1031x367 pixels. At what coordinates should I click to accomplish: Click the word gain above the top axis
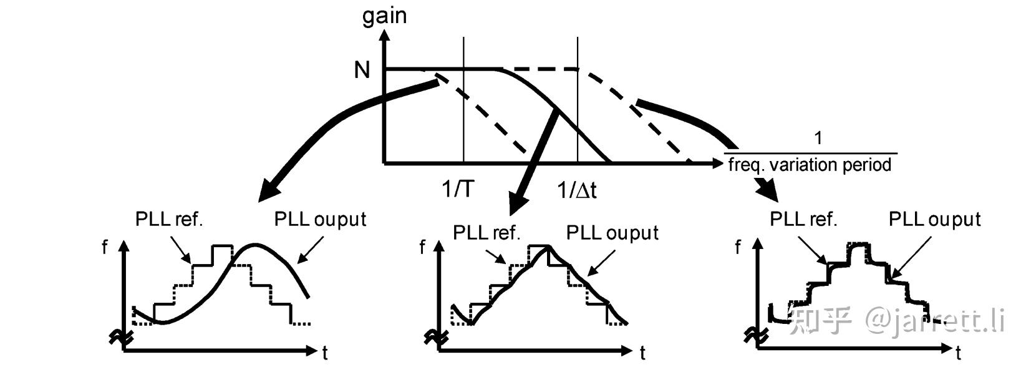(x=384, y=14)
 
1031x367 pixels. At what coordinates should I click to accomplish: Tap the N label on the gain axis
(x=362, y=70)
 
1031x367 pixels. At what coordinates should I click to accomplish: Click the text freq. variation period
(x=810, y=165)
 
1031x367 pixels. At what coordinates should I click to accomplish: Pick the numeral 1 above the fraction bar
(x=818, y=138)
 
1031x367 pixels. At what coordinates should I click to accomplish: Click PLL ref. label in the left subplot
(x=169, y=219)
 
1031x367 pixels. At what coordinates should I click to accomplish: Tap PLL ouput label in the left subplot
(x=320, y=219)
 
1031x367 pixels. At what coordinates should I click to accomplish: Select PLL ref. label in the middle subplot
(x=486, y=233)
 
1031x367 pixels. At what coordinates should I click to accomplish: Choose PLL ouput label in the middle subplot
(x=612, y=233)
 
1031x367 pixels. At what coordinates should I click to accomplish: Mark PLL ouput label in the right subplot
(x=934, y=219)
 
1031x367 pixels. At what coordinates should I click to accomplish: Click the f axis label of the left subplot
(x=104, y=248)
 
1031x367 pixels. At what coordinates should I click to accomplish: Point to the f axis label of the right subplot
(x=738, y=248)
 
